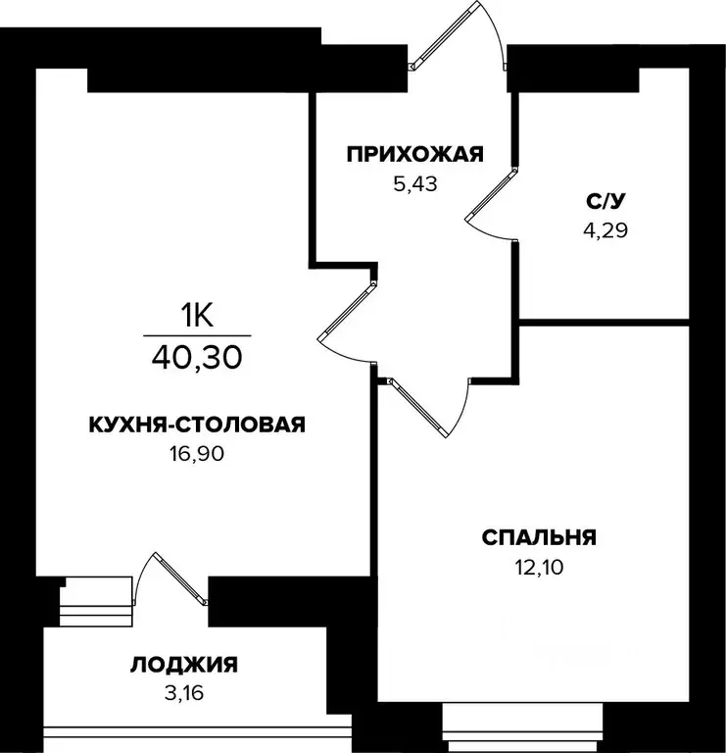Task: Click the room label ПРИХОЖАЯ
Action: click(x=415, y=154)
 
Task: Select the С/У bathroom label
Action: click(x=604, y=203)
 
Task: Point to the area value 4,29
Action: click(x=604, y=231)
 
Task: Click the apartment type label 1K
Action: click(x=196, y=315)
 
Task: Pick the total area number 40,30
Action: click(x=196, y=355)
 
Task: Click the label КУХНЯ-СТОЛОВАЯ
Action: click(x=197, y=425)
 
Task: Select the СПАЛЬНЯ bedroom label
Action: click(x=539, y=537)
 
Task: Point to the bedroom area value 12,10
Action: click(x=539, y=566)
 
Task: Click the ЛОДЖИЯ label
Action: click(x=183, y=665)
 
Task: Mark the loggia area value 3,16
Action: click(x=183, y=693)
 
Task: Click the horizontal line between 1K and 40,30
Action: click(x=196, y=334)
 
